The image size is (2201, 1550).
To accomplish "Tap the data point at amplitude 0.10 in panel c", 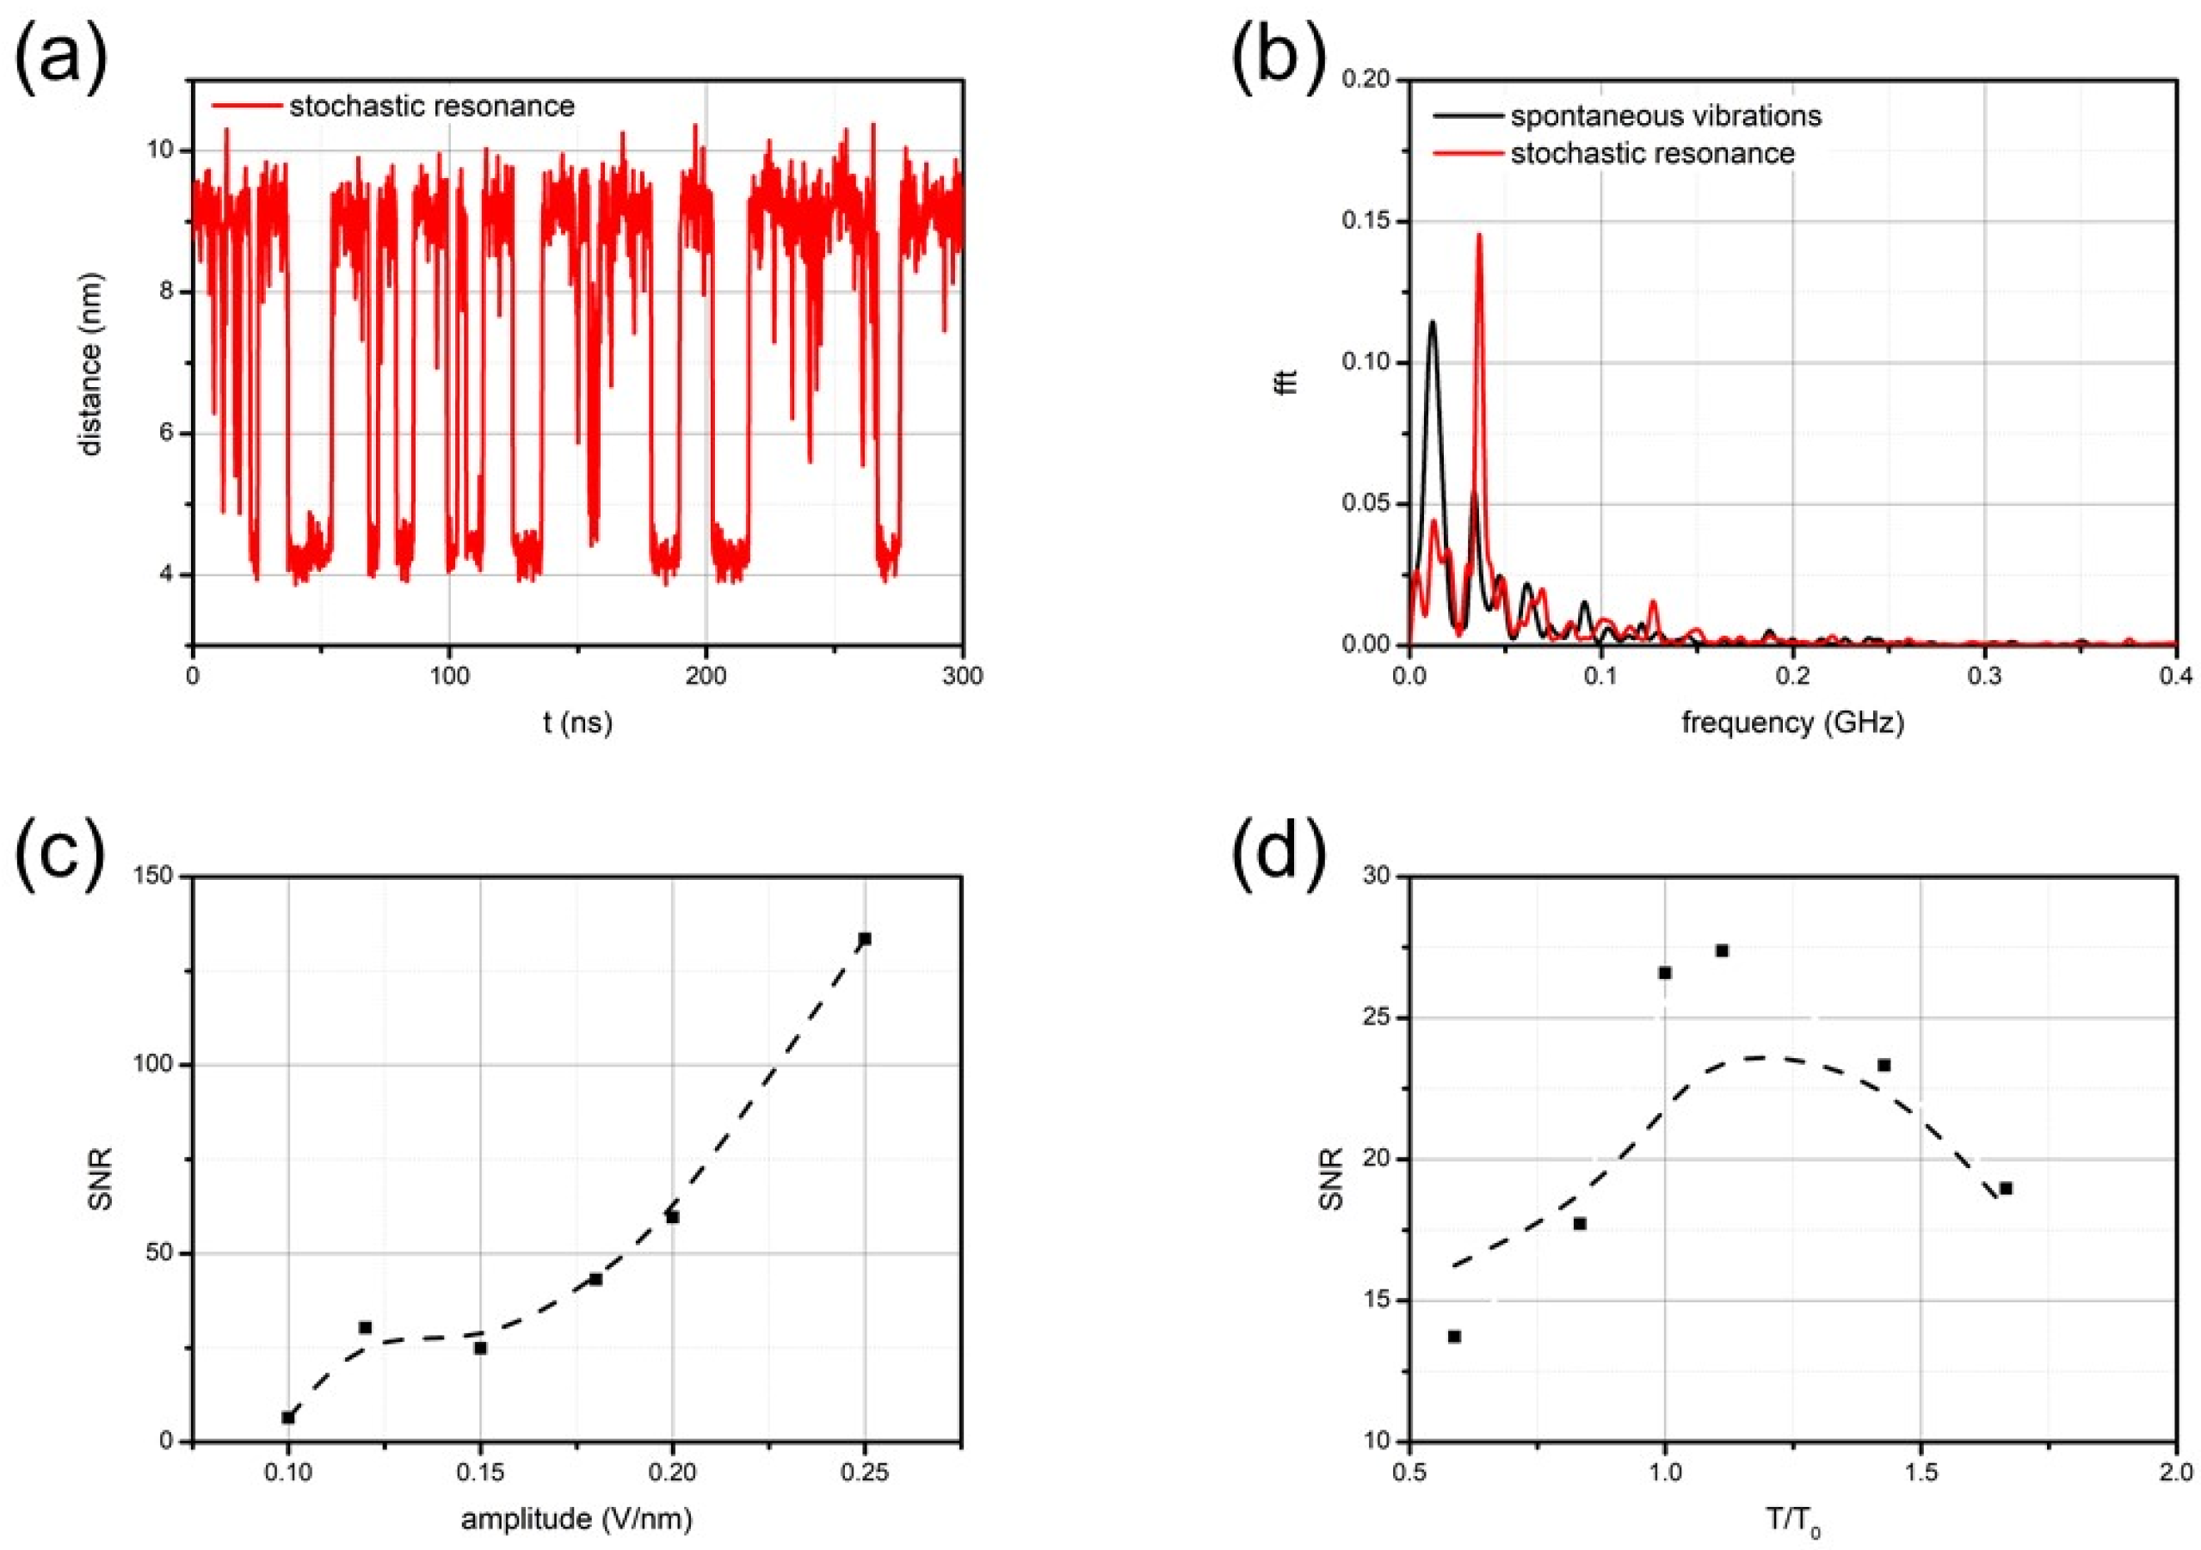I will tap(287, 1417).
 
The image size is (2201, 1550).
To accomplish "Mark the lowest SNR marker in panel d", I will tap(1454, 1336).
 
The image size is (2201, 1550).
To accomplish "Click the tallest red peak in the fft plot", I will tap(1479, 235).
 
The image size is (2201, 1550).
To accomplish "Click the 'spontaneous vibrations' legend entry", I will tap(1666, 116).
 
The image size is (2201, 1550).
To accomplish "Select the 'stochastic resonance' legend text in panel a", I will tap(431, 107).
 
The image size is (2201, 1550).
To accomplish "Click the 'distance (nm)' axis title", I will tap(91, 364).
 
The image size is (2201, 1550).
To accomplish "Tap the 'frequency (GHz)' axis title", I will tap(1792, 722).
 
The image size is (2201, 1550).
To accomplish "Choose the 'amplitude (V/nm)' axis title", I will tap(576, 1519).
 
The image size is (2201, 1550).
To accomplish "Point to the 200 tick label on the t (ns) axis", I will tap(706, 677).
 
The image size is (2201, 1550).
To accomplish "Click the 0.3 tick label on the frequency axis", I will tap(1984, 677).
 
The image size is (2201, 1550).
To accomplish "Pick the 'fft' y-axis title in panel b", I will tap(1291, 382).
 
